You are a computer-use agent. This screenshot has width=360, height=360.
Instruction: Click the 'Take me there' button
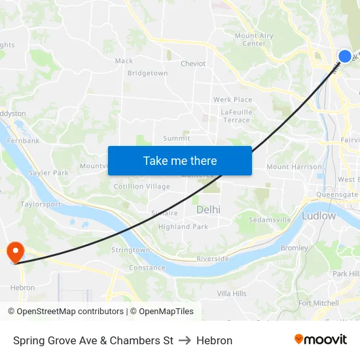[x=180, y=160]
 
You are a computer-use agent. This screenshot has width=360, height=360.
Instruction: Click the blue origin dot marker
[x=345, y=56]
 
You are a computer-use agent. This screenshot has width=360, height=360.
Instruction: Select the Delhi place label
[x=208, y=209]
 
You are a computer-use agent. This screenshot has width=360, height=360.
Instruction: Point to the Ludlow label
[x=319, y=215]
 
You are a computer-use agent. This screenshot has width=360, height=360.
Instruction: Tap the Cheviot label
[x=193, y=63]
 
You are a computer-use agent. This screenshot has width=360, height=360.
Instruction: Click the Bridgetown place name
[x=147, y=73]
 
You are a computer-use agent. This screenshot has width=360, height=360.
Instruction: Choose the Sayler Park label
[x=48, y=173]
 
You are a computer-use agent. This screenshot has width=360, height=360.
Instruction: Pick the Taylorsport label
[x=41, y=204]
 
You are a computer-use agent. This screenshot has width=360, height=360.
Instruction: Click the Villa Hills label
[x=232, y=294]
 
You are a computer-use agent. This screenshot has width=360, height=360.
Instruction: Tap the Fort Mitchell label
[x=318, y=303]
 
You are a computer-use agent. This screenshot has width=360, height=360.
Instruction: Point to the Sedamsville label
[x=270, y=220]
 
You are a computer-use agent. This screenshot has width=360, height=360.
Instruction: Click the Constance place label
[x=147, y=268]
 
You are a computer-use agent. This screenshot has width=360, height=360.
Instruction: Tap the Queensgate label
[x=337, y=194]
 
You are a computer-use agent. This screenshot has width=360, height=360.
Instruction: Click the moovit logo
[x=321, y=339]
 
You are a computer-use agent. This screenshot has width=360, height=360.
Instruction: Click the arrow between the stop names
[x=185, y=340]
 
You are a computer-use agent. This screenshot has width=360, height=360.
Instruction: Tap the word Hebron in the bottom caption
[x=214, y=340]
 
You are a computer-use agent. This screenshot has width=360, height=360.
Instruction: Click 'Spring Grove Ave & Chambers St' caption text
[x=93, y=340]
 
